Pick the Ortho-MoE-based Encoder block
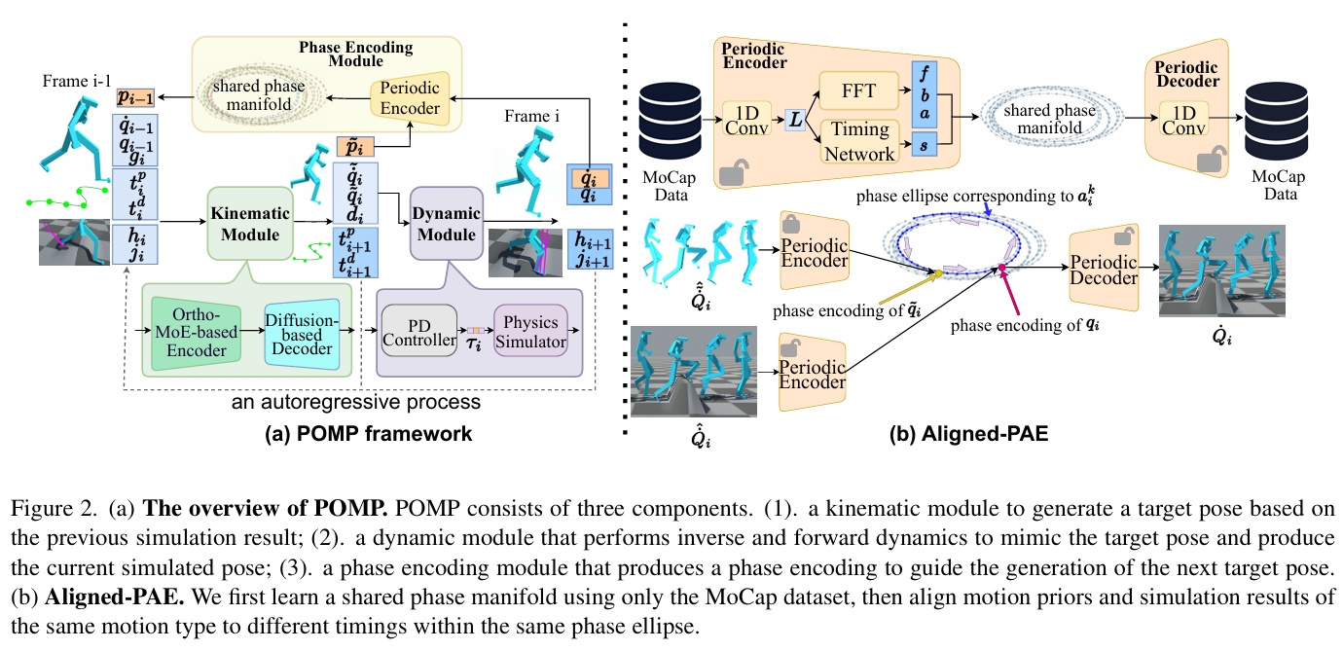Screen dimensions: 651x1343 click(x=198, y=331)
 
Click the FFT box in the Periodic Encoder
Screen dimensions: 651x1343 click(x=861, y=91)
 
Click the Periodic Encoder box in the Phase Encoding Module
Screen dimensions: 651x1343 click(x=410, y=98)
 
